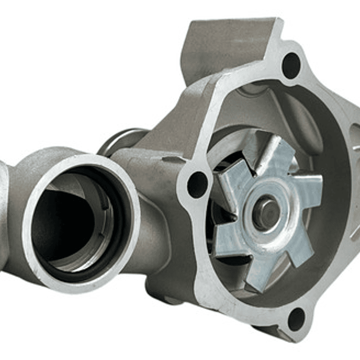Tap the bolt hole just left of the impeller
(x=197, y=184)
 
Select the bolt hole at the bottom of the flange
(x=296, y=319)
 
